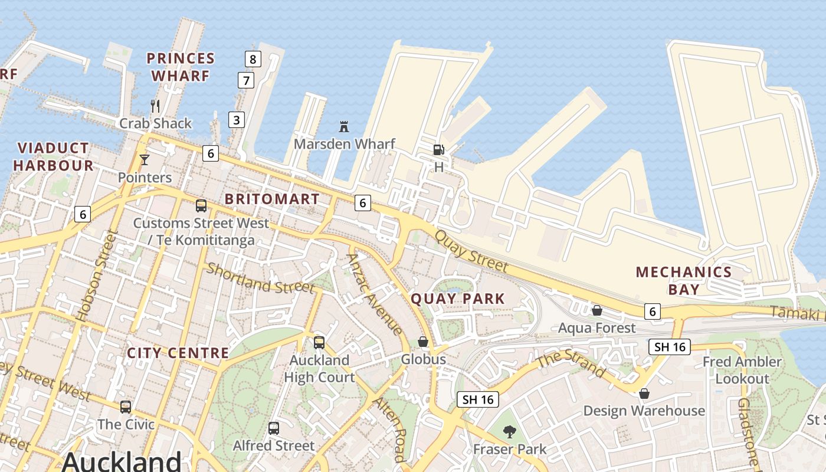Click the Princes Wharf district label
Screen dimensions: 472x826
pyautogui.click(x=181, y=67)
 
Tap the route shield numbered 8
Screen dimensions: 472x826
pyautogui.click(x=253, y=59)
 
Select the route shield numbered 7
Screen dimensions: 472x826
pyautogui.click(x=246, y=80)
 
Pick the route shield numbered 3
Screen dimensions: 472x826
pyautogui.click(x=237, y=120)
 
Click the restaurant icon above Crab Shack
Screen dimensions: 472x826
pyautogui.click(x=155, y=106)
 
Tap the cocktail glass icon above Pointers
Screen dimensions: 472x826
pyautogui.click(x=145, y=160)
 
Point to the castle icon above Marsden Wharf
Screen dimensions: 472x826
pyautogui.click(x=344, y=126)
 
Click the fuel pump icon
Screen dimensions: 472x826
pyautogui.click(x=438, y=150)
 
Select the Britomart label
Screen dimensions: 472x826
pyautogui.click(x=272, y=199)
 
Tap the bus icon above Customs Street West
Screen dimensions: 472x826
pyautogui.click(x=201, y=206)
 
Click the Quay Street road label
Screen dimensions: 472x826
pyautogui.click(x=471, y=251)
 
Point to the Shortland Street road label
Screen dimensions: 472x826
pyautogui.click(x=260, y=278)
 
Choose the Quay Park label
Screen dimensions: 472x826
pyautogui.click(x=458, y=299)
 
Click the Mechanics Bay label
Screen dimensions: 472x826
pyautogui.click(x=683, y=281)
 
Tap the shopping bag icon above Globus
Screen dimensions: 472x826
pyautogui.click(x=423, y=342)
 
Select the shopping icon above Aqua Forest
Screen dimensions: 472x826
pyautogui.click(x=597, y=310)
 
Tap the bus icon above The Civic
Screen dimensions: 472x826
pyautogui.click(x=126, y=407)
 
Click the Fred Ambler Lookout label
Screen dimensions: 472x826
pyautogui.click(x=742, y=370)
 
